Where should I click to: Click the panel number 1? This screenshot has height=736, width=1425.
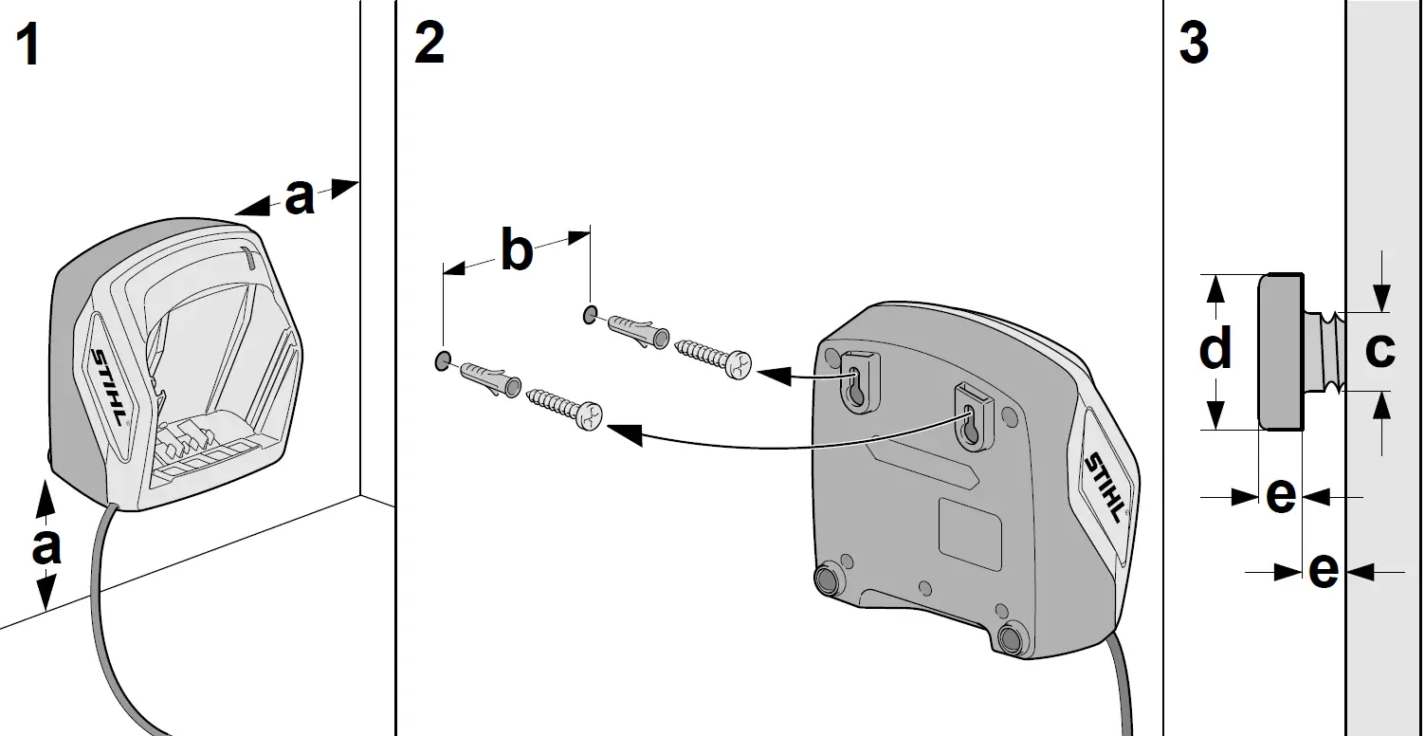[x=29, y=46]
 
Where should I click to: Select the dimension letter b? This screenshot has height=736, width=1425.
[x=516, y=251]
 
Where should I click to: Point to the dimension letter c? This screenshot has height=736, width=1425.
[x=1379, y=349]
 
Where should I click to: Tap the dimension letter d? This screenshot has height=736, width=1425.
[x=1215, y=349]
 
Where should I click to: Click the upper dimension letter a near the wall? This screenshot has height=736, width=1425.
[x=300, y=197]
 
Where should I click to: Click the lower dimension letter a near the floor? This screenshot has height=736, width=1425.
[x=46, y=547]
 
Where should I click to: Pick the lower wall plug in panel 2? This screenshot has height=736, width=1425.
[x=490, y=377]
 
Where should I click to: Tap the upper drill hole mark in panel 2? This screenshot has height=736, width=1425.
[x=590, y=313]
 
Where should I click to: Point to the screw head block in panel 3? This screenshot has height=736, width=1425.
[x=1279, y=352]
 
